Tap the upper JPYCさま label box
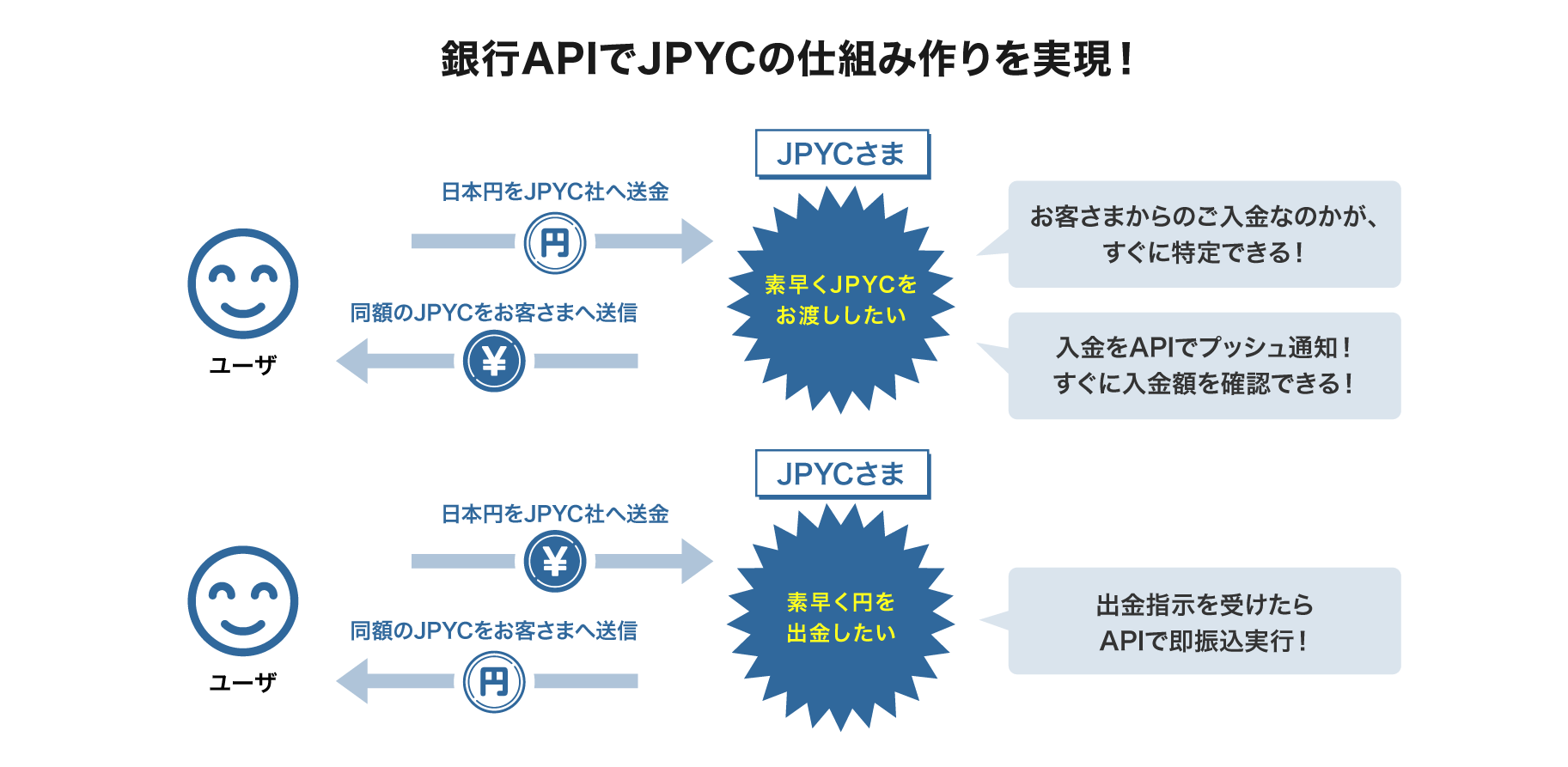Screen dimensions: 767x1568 pyautogui.click(x=841, y=154)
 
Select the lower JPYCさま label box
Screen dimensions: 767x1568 pyautogui.click(x=841, y=473)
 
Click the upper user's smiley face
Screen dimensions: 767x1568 pyautogui.click(x=243, y=283)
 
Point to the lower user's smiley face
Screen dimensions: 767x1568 pyautogui.click(x=243, y=601)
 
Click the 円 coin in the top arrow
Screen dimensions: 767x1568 pyautogui.click(x=555, y=243)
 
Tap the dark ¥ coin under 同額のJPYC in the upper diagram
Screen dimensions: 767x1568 pyautogui.click(x=494, y=362)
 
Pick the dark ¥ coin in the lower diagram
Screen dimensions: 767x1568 pyautogui.click(x=555, y=562)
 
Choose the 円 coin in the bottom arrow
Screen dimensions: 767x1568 pyautogui.click(x=494, y=682)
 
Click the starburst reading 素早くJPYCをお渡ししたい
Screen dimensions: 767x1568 pyautogui.click(x=840, y=300)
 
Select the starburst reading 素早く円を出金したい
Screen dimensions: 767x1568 pyautogui.click(x=840, y=617)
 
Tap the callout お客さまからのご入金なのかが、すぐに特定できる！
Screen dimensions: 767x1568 pyautogui.click(x=1204, y=234)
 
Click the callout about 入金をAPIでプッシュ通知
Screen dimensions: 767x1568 pyautogui.click(x=1204, y=366)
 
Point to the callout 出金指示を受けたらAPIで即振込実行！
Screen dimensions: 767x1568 pyautogui.click(x=1204, y=621)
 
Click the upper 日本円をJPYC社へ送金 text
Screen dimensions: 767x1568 pyautogui.click(x=555, y=192)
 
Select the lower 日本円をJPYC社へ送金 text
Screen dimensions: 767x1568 pyautogui.click(x=555, y=514)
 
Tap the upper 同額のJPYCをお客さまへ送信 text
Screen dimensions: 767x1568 pyautogui.click(x=494, y=313)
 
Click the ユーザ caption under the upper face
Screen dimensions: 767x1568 pyautogui.click(x=243, y=365)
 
